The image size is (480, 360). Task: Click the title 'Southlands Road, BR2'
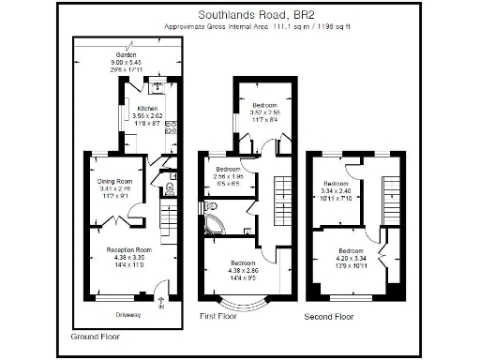pyautogui.click(x=249, y=15)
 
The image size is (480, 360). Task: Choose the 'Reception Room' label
pyautogui.click(x=128, y=250)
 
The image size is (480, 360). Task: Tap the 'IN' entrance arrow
pyautogui.click(x=161, y=303)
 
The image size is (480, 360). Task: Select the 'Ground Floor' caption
pyautogui.click(x=95, y=335)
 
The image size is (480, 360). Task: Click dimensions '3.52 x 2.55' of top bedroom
pyautogui.click(x=262, y=113)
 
